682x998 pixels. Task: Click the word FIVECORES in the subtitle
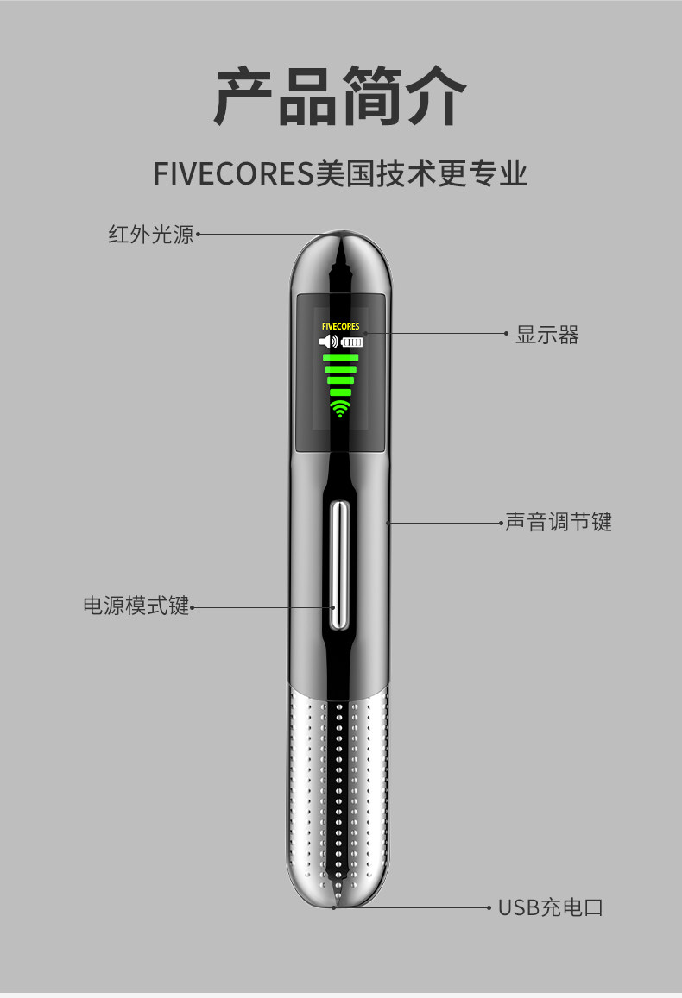click(231, 173)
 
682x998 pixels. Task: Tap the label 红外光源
click(151, 234)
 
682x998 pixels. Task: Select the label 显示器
click(547, 335)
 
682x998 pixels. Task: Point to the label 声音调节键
click(559, 522)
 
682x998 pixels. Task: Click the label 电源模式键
click(136, 606)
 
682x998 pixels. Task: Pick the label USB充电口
click(550, 907)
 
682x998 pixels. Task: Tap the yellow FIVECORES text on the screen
click(340, 327)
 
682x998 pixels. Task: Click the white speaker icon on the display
click(328, 342)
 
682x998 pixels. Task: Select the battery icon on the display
click(351, 342)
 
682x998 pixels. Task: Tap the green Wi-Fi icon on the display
click(340, 408)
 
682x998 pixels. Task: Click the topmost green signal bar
click(340, 357)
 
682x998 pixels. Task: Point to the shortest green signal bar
click(340, 392)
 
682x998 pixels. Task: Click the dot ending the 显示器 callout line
click(507, 333)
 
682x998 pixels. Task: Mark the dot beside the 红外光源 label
click(198, 234)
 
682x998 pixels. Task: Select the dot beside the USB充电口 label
click(490, 907)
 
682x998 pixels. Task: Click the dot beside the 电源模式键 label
click(192, 606)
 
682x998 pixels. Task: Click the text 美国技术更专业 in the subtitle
click(421, 173)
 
